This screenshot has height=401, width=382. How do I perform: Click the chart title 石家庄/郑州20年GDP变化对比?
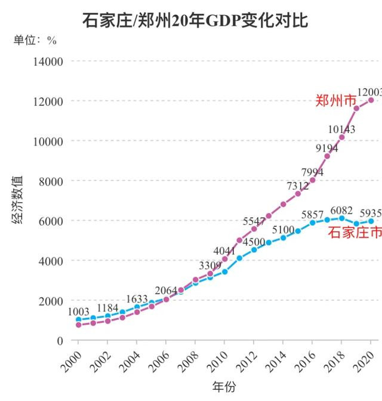pyautogui.click(x=195, y=21)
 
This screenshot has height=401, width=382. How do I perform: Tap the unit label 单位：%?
pyautogui.click(x=35, y=41)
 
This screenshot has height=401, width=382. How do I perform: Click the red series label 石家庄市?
pyautogui.click(x=355, y=232)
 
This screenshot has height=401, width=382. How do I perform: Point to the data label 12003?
pyautogui.click(x=369, y=91)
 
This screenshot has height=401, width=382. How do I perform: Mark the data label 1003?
pyautogui.click(x=78, y=311)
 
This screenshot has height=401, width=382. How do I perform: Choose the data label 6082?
pyautogui.click(x=341, y=209)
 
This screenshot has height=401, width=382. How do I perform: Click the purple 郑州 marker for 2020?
pyautogui.click(x=371, y=100)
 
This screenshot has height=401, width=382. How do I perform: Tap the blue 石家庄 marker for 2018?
pyautogui.click(x=341, y=218)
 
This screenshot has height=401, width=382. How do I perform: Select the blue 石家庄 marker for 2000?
pyautogui.click(x=78, y=320)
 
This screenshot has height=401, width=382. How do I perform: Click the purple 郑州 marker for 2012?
pyautogui.click(x=254, y=229)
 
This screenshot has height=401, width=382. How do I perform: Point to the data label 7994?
pyautogui.click(x=312, y=172)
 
